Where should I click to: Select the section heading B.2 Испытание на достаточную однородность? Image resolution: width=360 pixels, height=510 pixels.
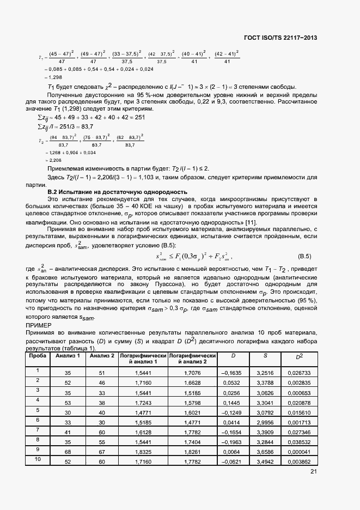click(x=117, y=192)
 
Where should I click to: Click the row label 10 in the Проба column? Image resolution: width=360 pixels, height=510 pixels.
click(x=37, y=459)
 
